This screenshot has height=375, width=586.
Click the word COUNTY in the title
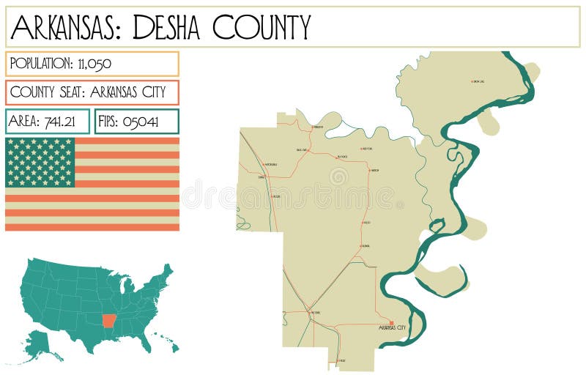point(262,28)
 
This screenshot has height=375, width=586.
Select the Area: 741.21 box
point(48,122)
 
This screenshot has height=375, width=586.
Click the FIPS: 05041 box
point(137,122)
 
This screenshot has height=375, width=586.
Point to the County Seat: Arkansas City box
point(92,93)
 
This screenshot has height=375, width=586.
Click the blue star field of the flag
point(40,163)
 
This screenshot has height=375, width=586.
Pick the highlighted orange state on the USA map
point(109,320)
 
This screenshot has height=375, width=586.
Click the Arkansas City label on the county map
point(392,328)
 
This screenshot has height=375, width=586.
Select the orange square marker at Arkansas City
point(391,323)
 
